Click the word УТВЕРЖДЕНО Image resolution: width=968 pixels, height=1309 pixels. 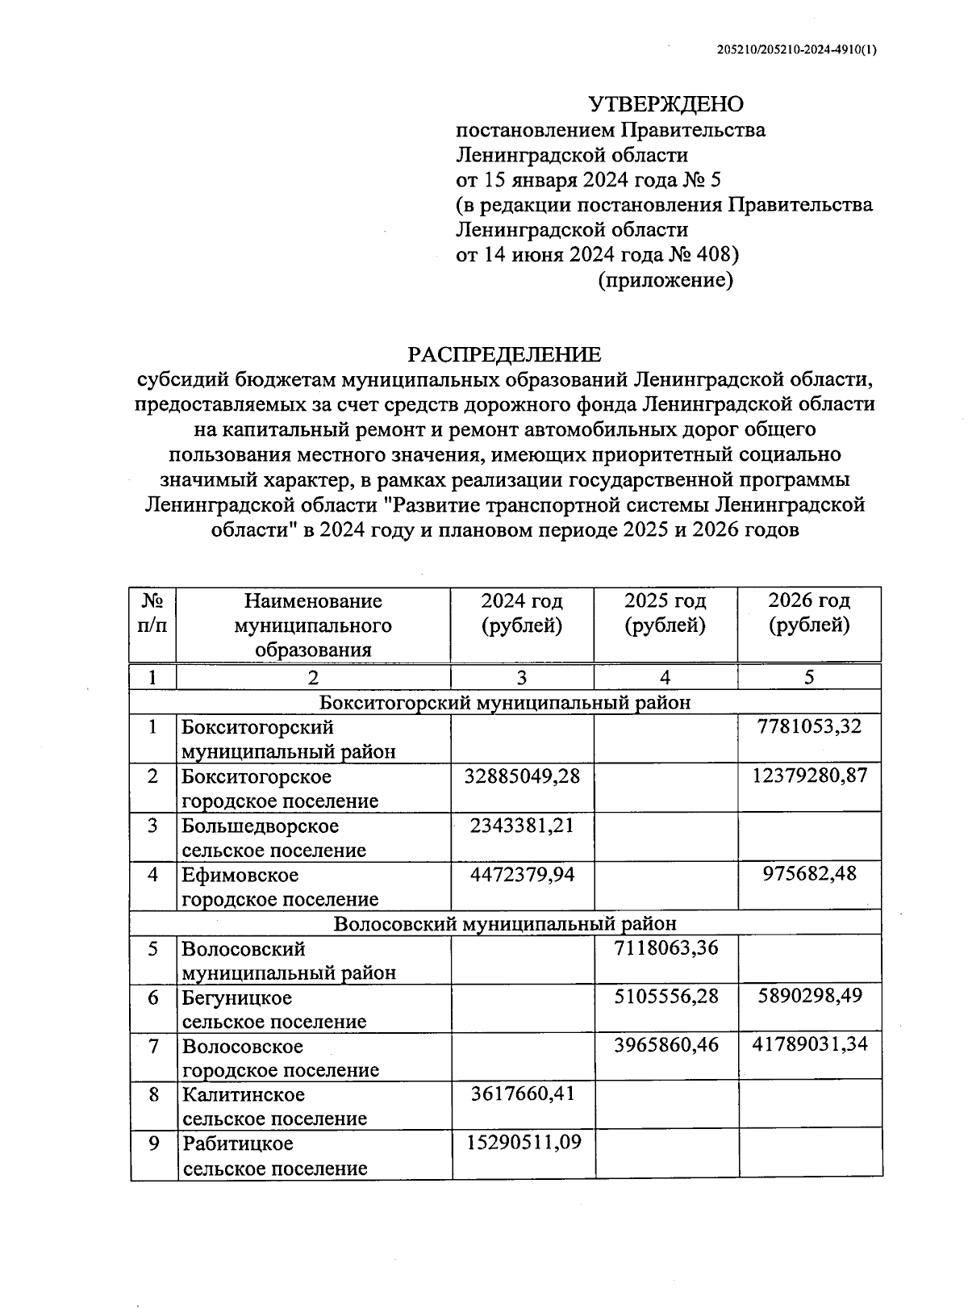pos(665,104)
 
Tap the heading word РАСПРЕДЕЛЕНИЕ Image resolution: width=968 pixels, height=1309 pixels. pos(504,354)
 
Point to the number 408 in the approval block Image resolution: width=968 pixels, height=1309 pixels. pos(711,254)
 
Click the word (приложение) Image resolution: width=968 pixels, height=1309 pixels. pos(665,280)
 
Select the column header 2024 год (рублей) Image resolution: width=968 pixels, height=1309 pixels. pos(522,613)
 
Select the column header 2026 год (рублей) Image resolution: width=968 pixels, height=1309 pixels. pos(809,613)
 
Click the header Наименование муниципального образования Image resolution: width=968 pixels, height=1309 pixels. pos(313,625)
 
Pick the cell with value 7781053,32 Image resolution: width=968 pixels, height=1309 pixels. pos(809,726)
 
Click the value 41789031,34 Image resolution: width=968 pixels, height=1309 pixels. pos(809,1044)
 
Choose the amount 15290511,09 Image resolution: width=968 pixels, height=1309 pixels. pos(524,1142)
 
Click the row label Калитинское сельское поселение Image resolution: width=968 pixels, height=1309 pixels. pos(274,1106)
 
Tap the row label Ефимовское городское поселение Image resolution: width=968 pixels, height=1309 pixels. pos(279,887)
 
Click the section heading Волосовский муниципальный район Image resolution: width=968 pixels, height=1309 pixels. pos(504,923)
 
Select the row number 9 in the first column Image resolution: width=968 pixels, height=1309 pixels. pos(153,1143)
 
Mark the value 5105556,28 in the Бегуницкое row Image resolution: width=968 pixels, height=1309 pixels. pos(665,996)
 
